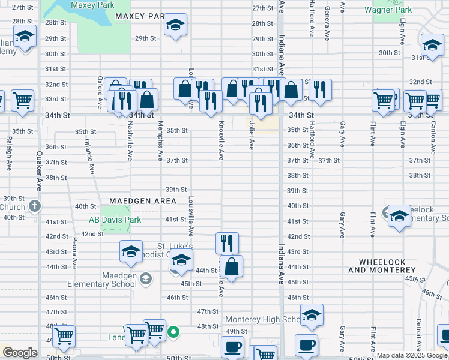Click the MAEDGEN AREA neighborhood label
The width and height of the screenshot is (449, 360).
[143, 201]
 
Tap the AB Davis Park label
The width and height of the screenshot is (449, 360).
[115, 220]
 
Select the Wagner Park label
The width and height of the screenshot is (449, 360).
[392, 10]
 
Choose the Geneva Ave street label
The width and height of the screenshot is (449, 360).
[327, 18]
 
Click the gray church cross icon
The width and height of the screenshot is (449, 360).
[35, 207]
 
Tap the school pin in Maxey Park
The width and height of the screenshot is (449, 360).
[175, 25]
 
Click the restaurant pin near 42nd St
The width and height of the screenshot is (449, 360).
[227, 243]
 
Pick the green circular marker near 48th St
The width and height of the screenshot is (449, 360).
[173, 331]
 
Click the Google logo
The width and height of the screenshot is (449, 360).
[20, 353]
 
